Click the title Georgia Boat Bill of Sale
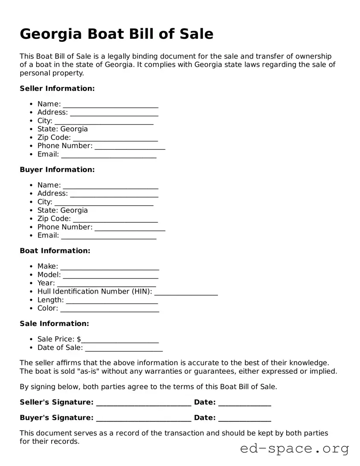pos(116,34)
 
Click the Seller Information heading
pos(57,88)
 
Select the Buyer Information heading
pos(57,169)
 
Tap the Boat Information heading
pos(55,250)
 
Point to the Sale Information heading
pos(54,323)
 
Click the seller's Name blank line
pos(110,105)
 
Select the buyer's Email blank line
pos(109,236)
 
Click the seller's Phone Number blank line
pos(130,147)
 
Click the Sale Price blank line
pos(120,340)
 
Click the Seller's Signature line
pos(143,403)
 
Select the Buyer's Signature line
pos(143,419)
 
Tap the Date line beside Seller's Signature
pos(244,403)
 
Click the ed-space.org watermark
pos(294,449)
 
